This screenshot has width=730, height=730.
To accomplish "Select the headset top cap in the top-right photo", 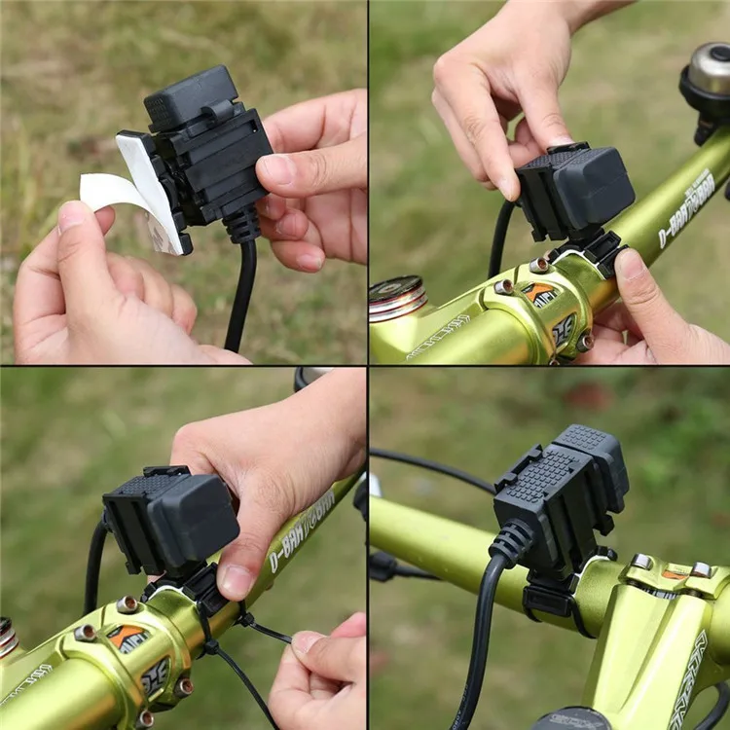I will [395, 297].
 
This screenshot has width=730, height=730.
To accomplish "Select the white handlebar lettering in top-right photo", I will [686, 209].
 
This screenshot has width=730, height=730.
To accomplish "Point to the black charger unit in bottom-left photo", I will [170, 521].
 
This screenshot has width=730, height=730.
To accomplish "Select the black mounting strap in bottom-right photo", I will [550, 596].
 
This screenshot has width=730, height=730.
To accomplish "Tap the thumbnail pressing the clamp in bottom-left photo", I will [237, 581].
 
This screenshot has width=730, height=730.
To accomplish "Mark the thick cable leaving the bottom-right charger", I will [477, 633].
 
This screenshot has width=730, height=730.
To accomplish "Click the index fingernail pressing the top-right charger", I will [508, 184].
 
